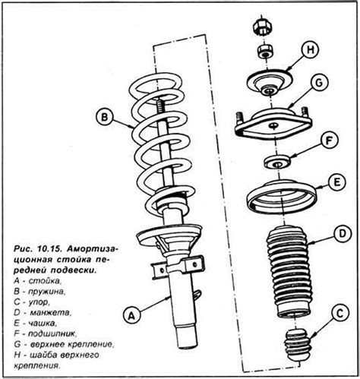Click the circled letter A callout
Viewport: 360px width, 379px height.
pyautogui.click(x=131, y=314)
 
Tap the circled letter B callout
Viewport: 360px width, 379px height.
pyautogui.click(x=104, y=118)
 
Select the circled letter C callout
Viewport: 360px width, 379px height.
pyautogui.click(x=340, y=314)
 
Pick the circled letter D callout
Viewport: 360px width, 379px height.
pyautogui.click(x=342, y=234)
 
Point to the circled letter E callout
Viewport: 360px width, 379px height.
pyautogui.click(x=336, y=182)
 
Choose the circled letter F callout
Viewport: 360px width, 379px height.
pyautogui.click(x=329, y=141)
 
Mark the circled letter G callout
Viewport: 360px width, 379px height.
pyautogui.click(x=319, y=83)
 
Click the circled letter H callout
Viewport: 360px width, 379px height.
pyautogui.click(x=310, y=50)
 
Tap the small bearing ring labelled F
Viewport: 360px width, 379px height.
pyautogui.click(x=276, y=163)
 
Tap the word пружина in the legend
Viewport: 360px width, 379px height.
pyautogui.click(x=46, y=292)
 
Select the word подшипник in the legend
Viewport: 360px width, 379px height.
pyautogui.click(x=52, y=334)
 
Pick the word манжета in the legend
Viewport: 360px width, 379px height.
pyautogui.click(x=51, y=313)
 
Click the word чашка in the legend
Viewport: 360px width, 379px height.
pyautogui.click(x=41, y=324)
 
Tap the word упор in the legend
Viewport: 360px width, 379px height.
pyautogui.click(x=38, y=302)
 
